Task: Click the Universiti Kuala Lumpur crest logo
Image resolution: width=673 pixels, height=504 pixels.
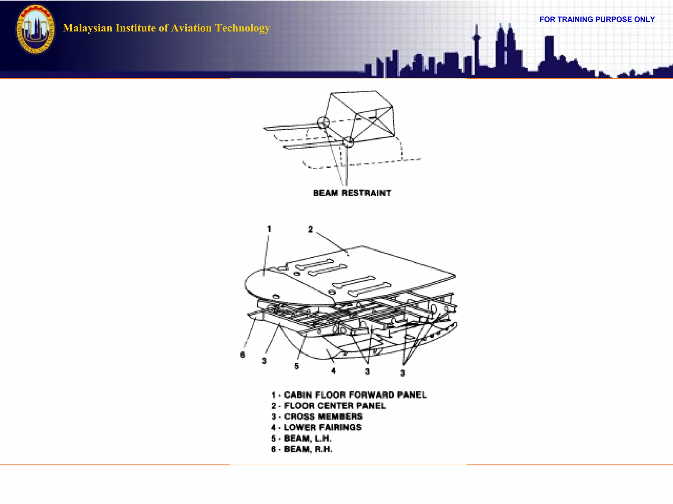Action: click(x=35, y=29)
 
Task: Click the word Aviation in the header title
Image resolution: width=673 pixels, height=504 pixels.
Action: click(x=191, y=28)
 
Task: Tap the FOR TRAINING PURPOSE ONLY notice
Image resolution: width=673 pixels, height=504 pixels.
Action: click(x=597, y=19)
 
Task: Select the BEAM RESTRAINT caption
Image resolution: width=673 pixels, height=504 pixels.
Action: click(x=352, y=193)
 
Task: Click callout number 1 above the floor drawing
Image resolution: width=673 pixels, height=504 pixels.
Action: click(x=269, y=229)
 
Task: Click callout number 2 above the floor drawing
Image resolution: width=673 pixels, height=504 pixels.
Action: click(x=311, y=229)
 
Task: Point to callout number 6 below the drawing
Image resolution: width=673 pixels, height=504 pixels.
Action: click(x=243, y=355)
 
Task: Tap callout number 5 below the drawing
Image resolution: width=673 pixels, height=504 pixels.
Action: click(x=297, y=366)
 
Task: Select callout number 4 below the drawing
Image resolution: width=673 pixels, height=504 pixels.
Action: click(x=334, y=371)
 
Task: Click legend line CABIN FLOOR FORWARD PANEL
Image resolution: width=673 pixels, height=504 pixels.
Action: click(x=349, y=395)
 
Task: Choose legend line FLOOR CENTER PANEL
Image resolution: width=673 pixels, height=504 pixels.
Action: click(x=328, y=406)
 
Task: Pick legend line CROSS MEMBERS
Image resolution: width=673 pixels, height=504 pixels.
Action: click(x=317, y=417)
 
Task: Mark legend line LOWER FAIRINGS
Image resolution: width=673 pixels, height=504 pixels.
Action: click(x=316, y=428)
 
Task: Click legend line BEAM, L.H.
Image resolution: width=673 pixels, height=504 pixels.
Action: click(x=301, y=438)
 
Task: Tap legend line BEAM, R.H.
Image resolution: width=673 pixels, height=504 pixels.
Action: click(x=302, y=449)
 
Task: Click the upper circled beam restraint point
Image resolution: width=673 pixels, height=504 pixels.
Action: click(x=323, y=123)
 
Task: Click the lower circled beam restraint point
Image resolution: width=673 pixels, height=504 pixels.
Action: click(x=348, y=142)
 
